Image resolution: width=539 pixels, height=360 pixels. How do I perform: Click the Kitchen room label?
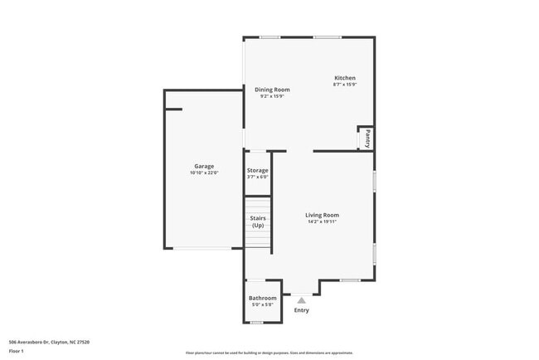344,78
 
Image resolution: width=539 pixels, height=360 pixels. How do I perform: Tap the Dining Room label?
272,89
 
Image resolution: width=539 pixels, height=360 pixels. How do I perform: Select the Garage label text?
204,166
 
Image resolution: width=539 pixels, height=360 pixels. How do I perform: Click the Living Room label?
322,215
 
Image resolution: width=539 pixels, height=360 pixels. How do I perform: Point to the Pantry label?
367,138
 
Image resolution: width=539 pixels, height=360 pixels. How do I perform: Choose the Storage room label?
258,170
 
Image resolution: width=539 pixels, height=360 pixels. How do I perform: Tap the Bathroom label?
263,298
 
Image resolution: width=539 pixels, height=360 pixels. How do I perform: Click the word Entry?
302,310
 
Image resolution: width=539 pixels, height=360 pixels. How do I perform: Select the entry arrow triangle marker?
302,301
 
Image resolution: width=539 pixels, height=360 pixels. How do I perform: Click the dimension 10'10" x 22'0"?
204,173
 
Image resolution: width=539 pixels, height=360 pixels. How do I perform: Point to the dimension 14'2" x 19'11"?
322,221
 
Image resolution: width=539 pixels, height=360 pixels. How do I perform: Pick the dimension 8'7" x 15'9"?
344,85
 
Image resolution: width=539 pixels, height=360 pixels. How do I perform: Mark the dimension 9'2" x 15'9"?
272,95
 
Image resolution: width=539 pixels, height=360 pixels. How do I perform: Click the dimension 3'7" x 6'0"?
258,177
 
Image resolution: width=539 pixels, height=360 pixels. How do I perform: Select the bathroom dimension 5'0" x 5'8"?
263,304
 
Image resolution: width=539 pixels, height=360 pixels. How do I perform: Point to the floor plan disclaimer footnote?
269,352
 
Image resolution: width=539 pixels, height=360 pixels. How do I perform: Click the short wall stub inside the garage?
173,108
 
